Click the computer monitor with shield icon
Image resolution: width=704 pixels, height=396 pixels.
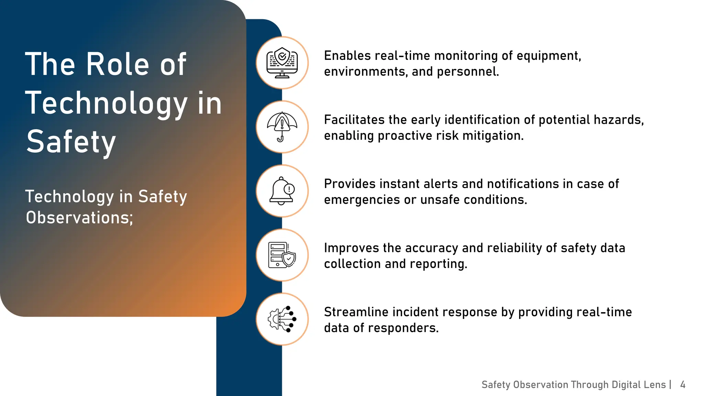pyautogui.click(x=282, y=63)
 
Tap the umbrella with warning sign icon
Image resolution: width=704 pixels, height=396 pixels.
pyautogui.click(x=282, y=127)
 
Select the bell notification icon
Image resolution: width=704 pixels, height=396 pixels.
pyautogui.click(x=282, y=191)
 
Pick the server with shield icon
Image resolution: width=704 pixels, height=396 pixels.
pyautogui.click(x=282, y=255)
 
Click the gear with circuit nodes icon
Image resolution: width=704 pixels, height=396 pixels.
pyautogui.click(x=282, y=319)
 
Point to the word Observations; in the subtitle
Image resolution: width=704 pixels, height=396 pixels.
pyautogui.click(x=79, y=218)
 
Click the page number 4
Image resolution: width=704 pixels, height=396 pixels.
pyautogui.click(x=683, y=385)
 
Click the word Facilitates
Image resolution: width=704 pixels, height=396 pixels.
pyautogui.click(x=354, y=120)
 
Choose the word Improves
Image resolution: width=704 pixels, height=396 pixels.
pyautogui.click(x=351, y=248)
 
